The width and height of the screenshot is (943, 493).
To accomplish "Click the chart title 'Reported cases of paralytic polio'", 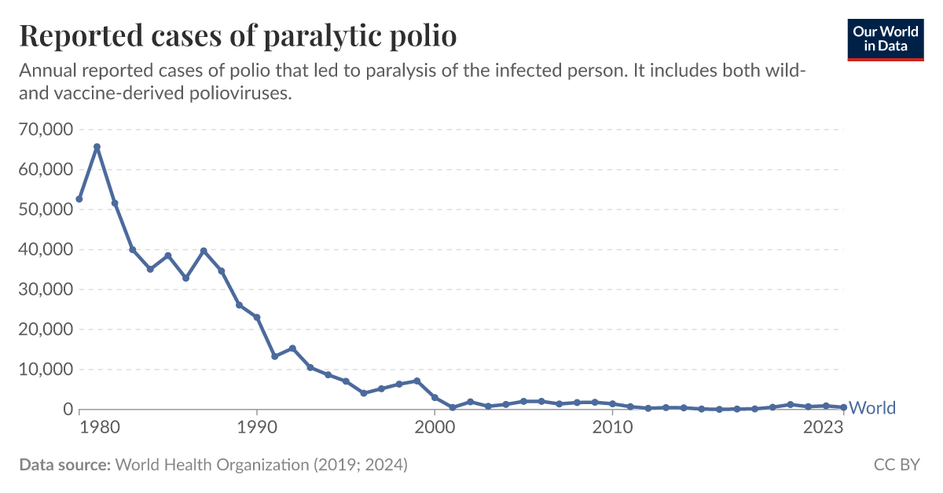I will click(237, 36).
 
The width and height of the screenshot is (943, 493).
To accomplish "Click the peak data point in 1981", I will click(97, 147).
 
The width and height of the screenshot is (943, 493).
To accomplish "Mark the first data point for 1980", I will click(79, 199).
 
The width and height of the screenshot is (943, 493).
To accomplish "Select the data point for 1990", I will click(257, 318).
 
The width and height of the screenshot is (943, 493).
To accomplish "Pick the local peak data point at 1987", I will click(204, 251).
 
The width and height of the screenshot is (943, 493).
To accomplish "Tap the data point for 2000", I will click(435, 398).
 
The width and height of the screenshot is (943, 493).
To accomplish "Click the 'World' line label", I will click(872, 408).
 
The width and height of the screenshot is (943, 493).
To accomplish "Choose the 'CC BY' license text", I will click(897, 465).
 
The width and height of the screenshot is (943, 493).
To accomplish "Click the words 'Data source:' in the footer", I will click(64, 465).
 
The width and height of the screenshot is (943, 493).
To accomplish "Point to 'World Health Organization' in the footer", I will click(212, 465).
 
